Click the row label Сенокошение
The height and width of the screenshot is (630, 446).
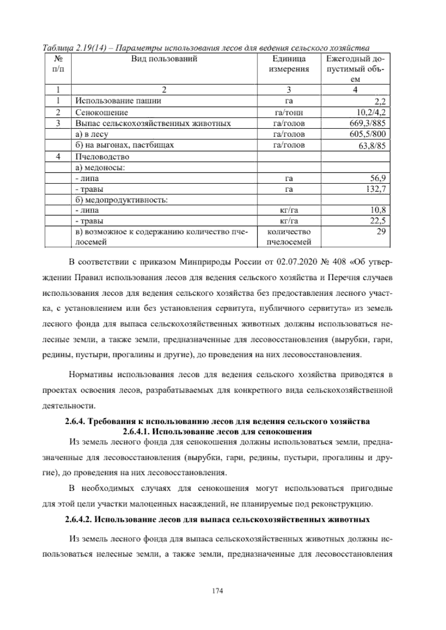(x=102, y=112)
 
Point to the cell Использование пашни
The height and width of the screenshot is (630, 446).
(x=118, y=101)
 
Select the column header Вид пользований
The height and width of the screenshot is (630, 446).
(x=164, y=59)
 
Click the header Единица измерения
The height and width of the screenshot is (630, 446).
(x=289, y=64)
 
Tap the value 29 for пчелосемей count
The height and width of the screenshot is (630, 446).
(x=381, y=231)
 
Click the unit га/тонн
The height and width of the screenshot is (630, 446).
(x=289, y=113)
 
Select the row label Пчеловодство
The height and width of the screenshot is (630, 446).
(x=102, y=156)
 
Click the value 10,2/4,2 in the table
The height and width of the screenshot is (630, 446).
(x=371, y=112)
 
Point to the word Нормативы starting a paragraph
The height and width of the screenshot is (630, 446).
(x=91, y=375)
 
